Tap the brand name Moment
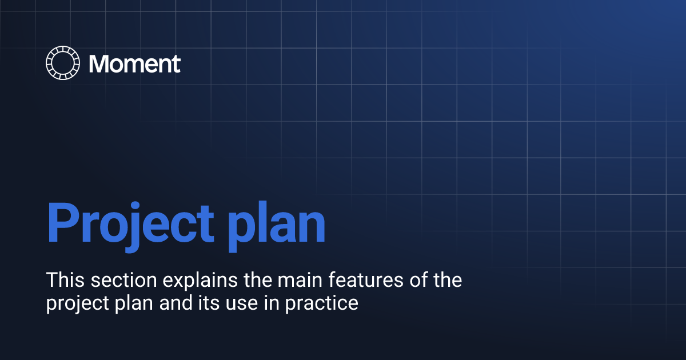135,63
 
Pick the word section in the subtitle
111,281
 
